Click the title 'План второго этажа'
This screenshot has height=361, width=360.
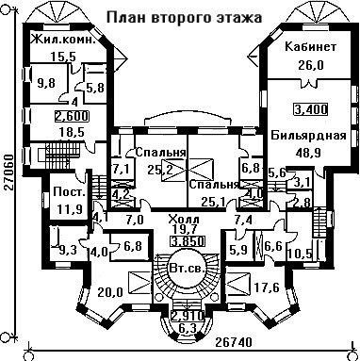tap(184, 17)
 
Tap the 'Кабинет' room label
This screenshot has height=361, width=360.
tap(310, 47)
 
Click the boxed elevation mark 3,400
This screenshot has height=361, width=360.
tap(310, 109)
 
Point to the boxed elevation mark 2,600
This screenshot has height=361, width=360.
tap(72, 116)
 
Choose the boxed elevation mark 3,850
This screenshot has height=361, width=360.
tap(188, 241)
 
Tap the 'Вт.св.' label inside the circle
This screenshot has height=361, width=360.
tap(188, 269)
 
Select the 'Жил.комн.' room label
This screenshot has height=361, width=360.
tap(64, 40)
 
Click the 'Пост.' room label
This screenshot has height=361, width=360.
tap(70, 192)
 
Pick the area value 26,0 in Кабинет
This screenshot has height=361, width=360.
tap(310, 66)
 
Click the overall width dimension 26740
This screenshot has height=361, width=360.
tap(234, 342)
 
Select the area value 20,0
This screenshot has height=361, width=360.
tap(109, 292)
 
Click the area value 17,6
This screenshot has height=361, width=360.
tap(267, 288)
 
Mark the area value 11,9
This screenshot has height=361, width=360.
tap(70, 208)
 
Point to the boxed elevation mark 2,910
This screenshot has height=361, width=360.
tap(188, 315)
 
